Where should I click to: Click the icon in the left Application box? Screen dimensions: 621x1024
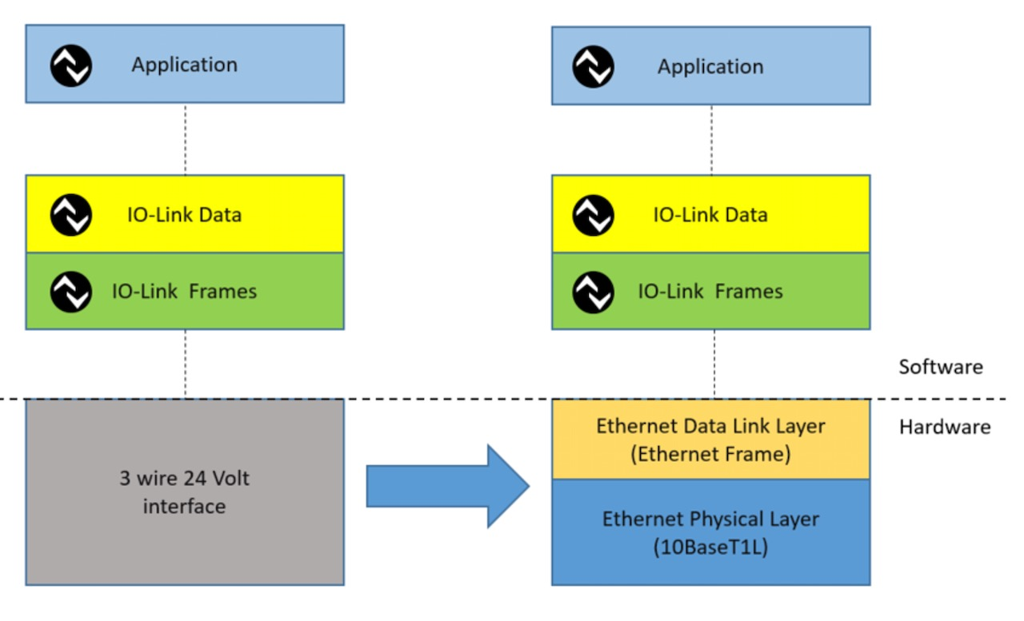pyautogui.click(x=71, y=66)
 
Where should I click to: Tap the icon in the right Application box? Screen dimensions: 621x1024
pyautogui.click(x=593, y=67)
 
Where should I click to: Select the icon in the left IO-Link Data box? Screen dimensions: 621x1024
pyautogui.click(x=71, y=215)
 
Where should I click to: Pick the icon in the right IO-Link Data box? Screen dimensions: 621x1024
pyautogui.click(x=593, y=216)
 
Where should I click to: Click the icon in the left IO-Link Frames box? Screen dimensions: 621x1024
pyautogui.click(x=71, y=292)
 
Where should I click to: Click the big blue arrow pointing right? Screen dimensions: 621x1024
pyautogui.click(x=447, y=486)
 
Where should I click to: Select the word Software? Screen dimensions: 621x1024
pyautogui.click(x=941, y=367)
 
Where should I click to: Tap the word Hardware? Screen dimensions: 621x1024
pyautogui.click(x=945, y=427)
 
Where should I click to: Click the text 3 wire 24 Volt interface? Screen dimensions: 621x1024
pyautogui.click(x=184, y=492)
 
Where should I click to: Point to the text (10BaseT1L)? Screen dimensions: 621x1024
pyautogui.click(x=710, y=547)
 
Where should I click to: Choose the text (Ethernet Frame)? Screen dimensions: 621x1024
pyautogui.click(x=710, y=454)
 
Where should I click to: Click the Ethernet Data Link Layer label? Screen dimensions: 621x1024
pyautogui.click(x=710, y=426)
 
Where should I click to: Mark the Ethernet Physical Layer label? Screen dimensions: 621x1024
pyautogui.click(x=710, y=519)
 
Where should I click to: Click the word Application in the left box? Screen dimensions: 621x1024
pyautogui.click(x=184, y=65)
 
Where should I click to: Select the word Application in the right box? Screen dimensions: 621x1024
pyautogui.click(x=710, y=66)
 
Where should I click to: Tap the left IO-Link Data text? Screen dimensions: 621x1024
pyautogui.click(x=184, y=214)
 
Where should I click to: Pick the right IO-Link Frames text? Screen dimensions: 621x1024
pyautogui.click(x=710, y=292)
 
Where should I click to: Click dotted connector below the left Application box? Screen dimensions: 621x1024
pyautogui.click(x=185, y=139)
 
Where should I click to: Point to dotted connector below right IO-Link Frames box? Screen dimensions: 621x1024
pyautogui.click(x=714, y=364)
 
